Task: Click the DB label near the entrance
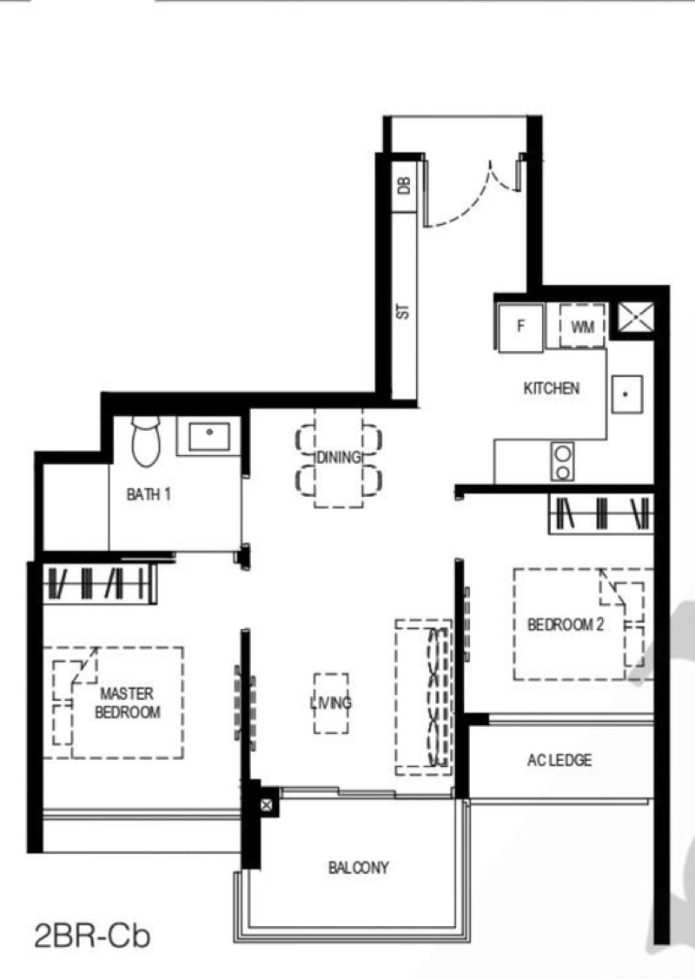point(404,185)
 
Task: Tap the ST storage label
point(403,312)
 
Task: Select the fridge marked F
point(520,327)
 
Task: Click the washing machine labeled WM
point(582,326)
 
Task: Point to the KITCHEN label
point(552,388)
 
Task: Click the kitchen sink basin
point(627,394)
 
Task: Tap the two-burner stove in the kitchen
point(563,461)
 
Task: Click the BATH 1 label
point(149,494)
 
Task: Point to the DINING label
point(339,457)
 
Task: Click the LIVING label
point(331,703)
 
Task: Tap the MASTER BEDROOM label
point(128,703)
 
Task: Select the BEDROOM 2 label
point(566,625)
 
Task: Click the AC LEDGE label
point(559,760)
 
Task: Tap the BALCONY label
point(359,867)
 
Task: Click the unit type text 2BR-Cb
point(92,937)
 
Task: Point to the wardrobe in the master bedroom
point(99,583)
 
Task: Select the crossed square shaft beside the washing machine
point(636,317)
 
